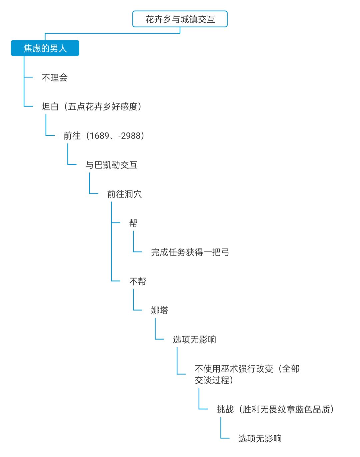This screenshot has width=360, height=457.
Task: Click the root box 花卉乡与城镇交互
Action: [180, 19]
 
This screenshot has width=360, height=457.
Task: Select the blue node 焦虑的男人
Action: [45, 48]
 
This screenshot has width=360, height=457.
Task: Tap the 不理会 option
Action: [55, 78]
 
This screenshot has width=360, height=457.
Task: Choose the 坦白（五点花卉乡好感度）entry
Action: [92, 107]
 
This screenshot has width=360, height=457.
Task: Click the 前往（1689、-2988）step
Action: [104, 136]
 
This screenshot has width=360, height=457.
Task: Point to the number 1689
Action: [99, 136]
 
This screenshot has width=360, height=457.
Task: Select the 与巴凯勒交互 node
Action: [111, 165]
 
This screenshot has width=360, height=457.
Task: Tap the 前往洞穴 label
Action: [124, 194]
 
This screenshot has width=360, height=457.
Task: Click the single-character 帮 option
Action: [133, 223]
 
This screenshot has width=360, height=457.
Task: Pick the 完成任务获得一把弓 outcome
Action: [190, 252]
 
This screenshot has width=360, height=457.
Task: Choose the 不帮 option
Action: [137, 282]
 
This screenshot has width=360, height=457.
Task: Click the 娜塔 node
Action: [159, 311]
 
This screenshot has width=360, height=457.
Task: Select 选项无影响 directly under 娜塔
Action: [194, 340]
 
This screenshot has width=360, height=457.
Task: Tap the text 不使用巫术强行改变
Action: [234, 369]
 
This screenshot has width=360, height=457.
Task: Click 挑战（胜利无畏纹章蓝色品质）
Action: [275, 409]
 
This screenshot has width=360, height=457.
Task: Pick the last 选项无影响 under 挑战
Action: [260, 438]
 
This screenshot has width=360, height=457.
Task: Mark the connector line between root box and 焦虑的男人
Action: [112, 33]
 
